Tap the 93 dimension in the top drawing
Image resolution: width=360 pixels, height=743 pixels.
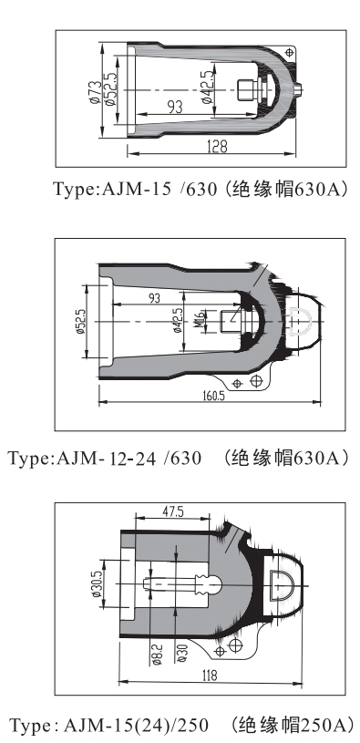[x=174, y=107]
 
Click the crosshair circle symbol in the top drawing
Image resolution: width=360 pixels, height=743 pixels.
[x=290, y=52]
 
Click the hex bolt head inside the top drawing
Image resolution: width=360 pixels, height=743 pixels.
[x=245, y=90]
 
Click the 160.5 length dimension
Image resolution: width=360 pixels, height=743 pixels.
[x=212, y=397]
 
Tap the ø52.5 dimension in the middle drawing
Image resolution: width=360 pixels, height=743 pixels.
[x=80, y=324]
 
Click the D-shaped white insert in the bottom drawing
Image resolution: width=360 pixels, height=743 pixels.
[x=282, y=585]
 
